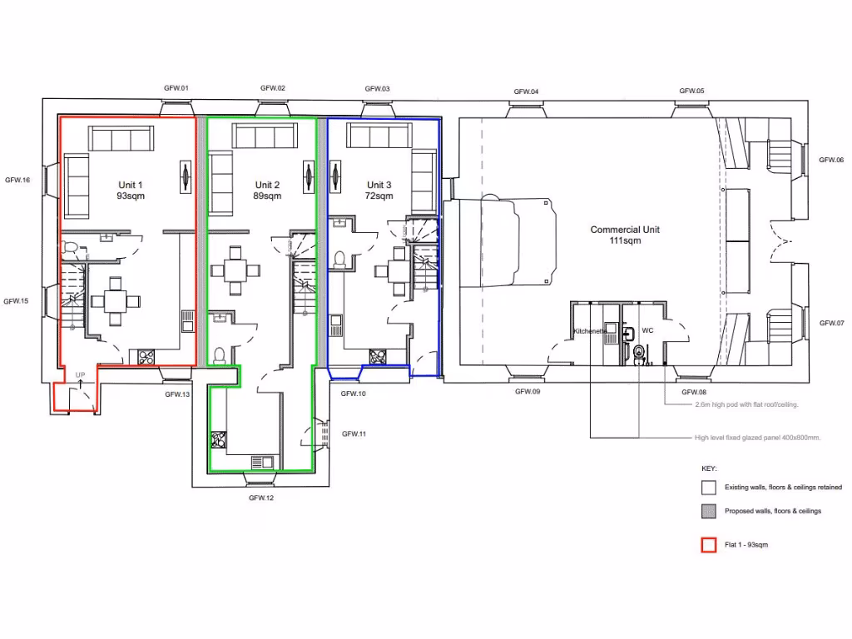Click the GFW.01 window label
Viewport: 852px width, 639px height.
[175, 88]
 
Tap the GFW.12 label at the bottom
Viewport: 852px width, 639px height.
[261, 498]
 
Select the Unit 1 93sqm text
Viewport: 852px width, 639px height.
[130, 190]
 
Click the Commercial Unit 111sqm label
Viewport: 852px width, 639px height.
[626, 235]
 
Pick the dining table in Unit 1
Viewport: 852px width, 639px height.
[116, 301]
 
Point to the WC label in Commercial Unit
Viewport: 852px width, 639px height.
[648, 330]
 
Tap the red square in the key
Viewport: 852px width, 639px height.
[709, 546]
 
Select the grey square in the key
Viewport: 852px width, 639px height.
[709, 511]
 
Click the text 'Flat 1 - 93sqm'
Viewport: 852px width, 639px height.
[752, 545]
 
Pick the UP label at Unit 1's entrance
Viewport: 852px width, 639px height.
[81, 375]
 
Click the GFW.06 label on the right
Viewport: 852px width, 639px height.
[830, 160]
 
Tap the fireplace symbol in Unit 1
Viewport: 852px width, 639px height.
[185, 176]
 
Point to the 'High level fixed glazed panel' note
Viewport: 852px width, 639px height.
[757, 438]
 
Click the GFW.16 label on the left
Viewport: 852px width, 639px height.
[17, 180]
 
